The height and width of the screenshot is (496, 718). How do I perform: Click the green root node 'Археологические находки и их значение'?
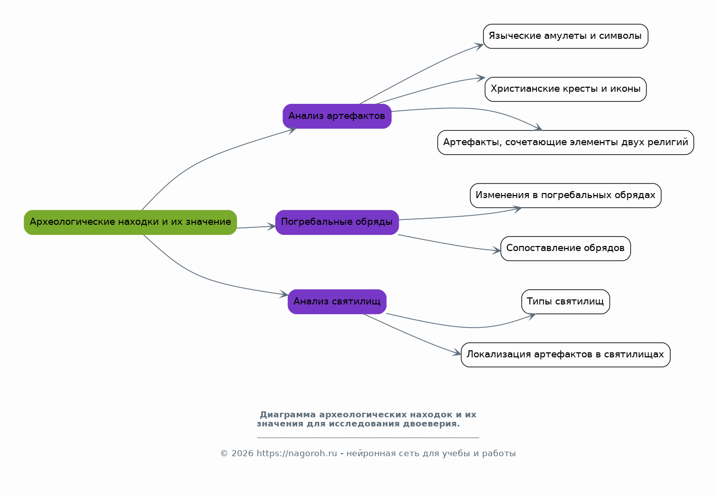pyautogui.click(x=130, y=222)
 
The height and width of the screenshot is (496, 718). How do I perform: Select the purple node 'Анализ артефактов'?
pyautogui.click(x=337, y=116)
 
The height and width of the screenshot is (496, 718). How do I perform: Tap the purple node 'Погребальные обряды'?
pyautogui.click(x=337, y=222)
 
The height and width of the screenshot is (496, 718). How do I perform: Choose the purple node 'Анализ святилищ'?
pyautogui.click(x=337, y=302)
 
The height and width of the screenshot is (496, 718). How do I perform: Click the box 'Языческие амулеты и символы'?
pyautogui.click(x=565, y=36)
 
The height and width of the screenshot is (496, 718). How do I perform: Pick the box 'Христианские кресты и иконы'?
pyautogui.click(x=565, y=89)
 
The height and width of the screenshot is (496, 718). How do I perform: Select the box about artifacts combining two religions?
pyautogui.click(x=565, y=143)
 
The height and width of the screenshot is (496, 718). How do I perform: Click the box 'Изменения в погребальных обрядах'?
pyautogui.click(x=565, y=196)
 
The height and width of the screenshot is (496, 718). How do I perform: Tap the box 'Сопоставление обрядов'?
pyautogui.click(x=565, y=249)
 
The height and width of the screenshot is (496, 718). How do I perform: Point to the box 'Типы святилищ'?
pyautogui.click(x=565, y=302)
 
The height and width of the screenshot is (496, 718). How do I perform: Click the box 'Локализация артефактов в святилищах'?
pyautogui.click(x=565, y=355)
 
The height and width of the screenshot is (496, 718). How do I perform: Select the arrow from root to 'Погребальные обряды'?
pyautogui.click(x=256, y=227)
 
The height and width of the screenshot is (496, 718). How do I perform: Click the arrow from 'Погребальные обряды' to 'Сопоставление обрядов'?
pyautogui.click(x=449, y=244)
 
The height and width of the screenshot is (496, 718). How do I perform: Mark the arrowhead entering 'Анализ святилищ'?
pyautogui.click(x=284, y=294)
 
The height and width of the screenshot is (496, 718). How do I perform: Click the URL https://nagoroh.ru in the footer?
pyautogui.click(x=296, y=454)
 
